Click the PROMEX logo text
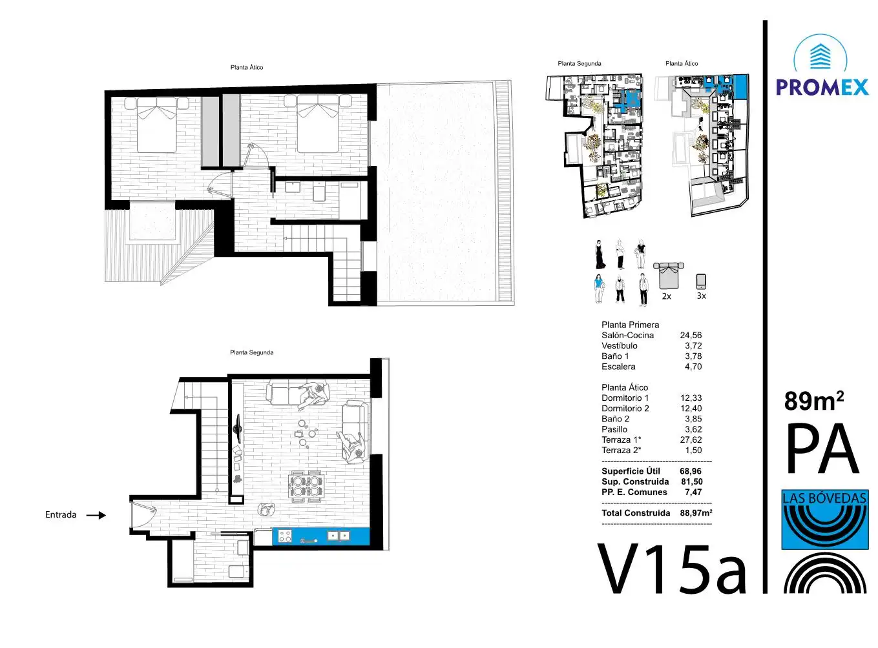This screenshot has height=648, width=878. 822,87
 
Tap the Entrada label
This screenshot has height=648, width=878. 61,514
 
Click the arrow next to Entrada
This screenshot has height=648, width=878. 96,515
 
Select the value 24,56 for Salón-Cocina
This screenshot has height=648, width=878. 691,335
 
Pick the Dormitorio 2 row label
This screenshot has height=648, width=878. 625,409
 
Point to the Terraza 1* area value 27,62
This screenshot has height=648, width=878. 691,440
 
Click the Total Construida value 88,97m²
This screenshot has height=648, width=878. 696,512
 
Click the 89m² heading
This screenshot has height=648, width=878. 814,401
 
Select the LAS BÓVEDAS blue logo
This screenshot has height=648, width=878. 825,520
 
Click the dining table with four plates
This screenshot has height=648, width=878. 306,486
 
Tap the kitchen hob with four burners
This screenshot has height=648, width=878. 285,536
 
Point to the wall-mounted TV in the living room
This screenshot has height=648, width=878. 238,429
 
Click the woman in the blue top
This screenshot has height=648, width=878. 598,289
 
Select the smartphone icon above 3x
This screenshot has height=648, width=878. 701,281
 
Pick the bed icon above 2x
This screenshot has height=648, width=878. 668,276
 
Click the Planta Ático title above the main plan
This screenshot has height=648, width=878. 247,67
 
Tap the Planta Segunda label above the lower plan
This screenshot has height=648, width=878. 252,352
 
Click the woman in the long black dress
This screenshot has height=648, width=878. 600,254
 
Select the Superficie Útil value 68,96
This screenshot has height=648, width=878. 691,471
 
